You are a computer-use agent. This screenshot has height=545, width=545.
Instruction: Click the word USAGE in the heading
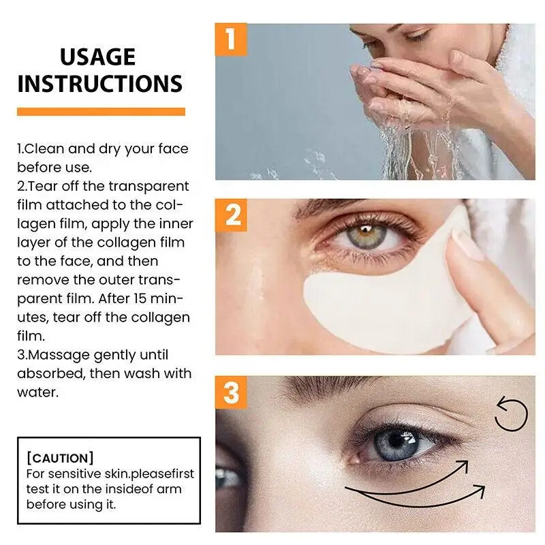[97, 57]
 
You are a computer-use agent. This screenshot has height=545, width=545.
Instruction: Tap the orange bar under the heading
[101, 112]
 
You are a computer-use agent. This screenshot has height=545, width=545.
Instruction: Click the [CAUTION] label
[59, 458]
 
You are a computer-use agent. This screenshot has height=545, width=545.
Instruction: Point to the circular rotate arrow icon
[510, 415]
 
